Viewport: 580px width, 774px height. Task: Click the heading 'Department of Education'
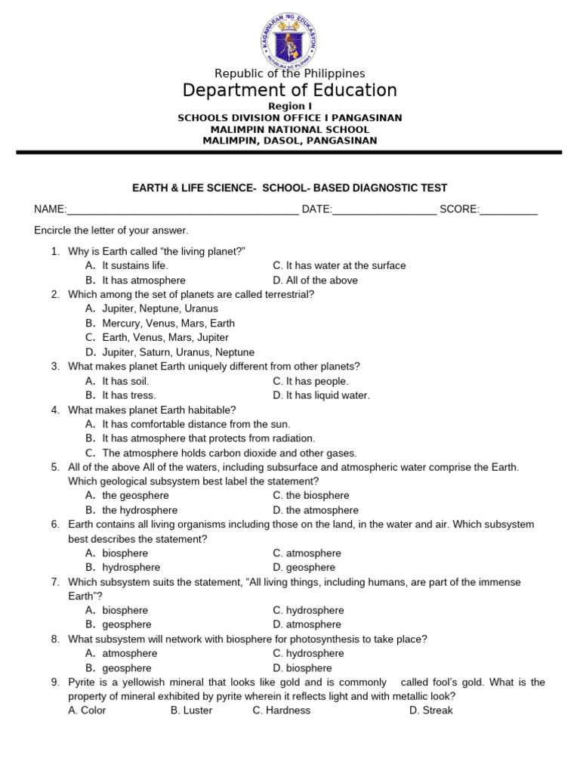(x=289, y=91)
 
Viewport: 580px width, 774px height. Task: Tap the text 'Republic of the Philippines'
(x=289, y=73)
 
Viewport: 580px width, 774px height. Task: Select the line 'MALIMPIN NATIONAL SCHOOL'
(x=289, y=129)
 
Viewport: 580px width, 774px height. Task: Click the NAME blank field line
(x=183, y=210)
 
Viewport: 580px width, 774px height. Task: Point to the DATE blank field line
(x=384, y=210)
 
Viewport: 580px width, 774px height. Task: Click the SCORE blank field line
(x=508, y=210)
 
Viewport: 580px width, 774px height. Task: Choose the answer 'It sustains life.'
(x=135, y=265)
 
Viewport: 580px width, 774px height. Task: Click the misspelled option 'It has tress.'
(x=129, y=395)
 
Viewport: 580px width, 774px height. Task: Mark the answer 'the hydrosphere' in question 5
(x=140, y=510)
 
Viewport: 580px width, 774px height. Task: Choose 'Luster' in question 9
(x=198, y=711)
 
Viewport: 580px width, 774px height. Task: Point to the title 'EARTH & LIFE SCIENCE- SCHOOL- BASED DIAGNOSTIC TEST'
(x=289, y=188)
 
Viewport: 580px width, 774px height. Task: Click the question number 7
(x=55, y=582)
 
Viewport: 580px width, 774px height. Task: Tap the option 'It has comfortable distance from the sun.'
(x=196, y=424)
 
